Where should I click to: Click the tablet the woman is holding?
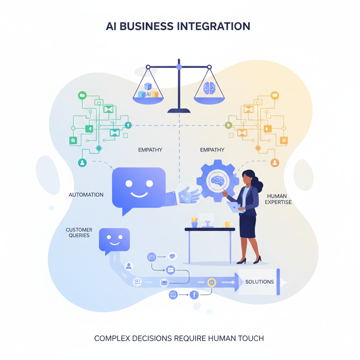tap(234, 207)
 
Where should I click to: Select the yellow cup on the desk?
tap(227, 224)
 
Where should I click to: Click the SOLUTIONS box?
tap(259, 282)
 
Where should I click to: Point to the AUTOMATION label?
tap(86, 194)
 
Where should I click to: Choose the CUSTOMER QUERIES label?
tap(79, 233)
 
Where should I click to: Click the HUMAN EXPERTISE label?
tap(279, 199)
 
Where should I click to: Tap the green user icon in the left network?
tap(82, 162)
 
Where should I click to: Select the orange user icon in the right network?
tap(275, 162)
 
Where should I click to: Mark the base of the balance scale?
tap(179, 111)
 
